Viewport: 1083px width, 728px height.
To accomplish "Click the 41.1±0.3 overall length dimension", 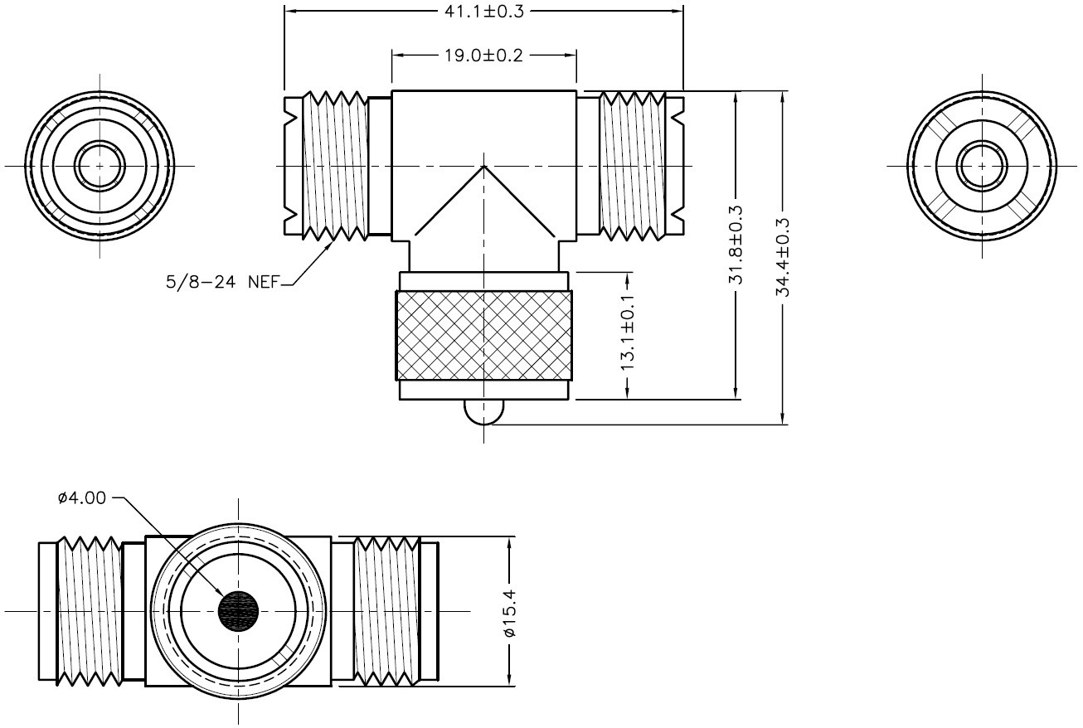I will point(483,12).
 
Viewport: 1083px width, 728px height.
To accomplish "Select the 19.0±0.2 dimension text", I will point(483,55).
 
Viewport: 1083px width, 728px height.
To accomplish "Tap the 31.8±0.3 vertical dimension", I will point(736,246).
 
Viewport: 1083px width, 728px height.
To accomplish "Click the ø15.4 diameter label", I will point(510,612).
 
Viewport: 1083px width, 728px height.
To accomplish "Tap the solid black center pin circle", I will point(239,612).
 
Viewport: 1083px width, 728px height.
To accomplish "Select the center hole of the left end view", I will point(100,165).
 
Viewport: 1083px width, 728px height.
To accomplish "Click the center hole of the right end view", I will point(982,165).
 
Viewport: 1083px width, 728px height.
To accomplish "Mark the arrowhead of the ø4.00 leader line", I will point(223,596).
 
